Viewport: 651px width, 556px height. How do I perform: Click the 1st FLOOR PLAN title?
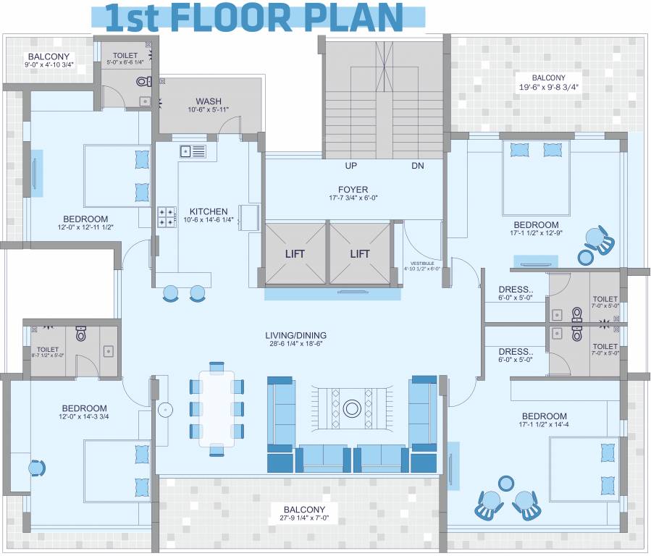pyautogui.click(x=254, y=17)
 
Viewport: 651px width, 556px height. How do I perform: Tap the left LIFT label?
pyautogui.click(x=295, y=253)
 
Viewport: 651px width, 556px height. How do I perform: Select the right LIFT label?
pyautogui.click(x=360, y=253)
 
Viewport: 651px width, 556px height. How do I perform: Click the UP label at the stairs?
pyautogui.click(x=351, y=166)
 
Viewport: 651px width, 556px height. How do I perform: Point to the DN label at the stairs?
pyautogui.click(x=417, y=166)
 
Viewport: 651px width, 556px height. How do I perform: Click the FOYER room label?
pyautogui.click(x=353, y=190)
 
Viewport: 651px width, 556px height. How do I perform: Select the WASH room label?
pyautogui.click(x=209, y=101)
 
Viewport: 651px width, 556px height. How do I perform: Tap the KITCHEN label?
pyautogui.click(x=209, y=211)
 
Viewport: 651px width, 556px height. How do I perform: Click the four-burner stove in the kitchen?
pyautogui.click(x=167, y=216)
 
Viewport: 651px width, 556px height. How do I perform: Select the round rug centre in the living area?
pyautogui.click(x=353, y=408)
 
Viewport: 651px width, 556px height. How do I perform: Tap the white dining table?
pyautogui.click(x=217, y=408)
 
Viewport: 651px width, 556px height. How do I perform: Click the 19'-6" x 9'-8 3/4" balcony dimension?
pyautogui.click(x=548, y=87)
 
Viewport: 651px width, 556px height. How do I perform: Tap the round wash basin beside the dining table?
pyautogui.click(x=165, y=410)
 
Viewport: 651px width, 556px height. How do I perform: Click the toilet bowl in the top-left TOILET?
pyautogui.click(x=142, y=82)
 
